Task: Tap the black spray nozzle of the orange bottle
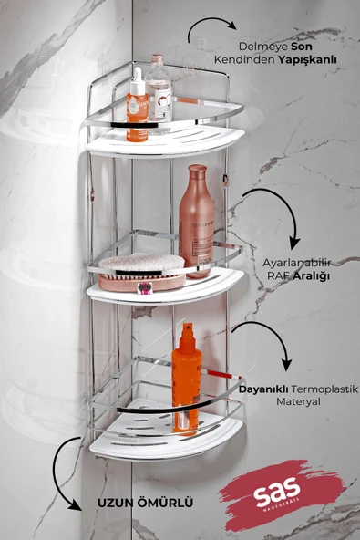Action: [x=187, y=330]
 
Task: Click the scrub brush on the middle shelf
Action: [x=141, y=266]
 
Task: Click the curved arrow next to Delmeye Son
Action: [x=206, y=30]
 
